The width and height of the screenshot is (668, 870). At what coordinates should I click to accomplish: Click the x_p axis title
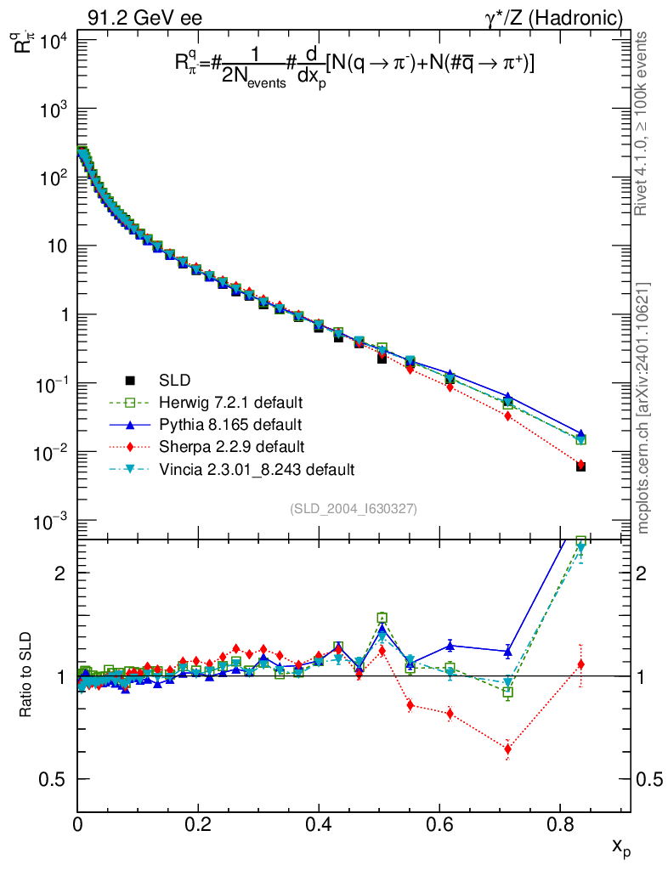(621, 846)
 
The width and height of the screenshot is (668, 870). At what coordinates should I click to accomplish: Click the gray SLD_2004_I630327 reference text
(353, 508)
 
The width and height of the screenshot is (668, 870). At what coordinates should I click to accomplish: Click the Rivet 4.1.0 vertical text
(644, 123)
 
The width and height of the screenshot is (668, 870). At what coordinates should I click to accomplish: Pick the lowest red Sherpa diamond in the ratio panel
(507, 749)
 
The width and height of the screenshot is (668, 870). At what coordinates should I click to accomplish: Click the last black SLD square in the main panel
(580, 466)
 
